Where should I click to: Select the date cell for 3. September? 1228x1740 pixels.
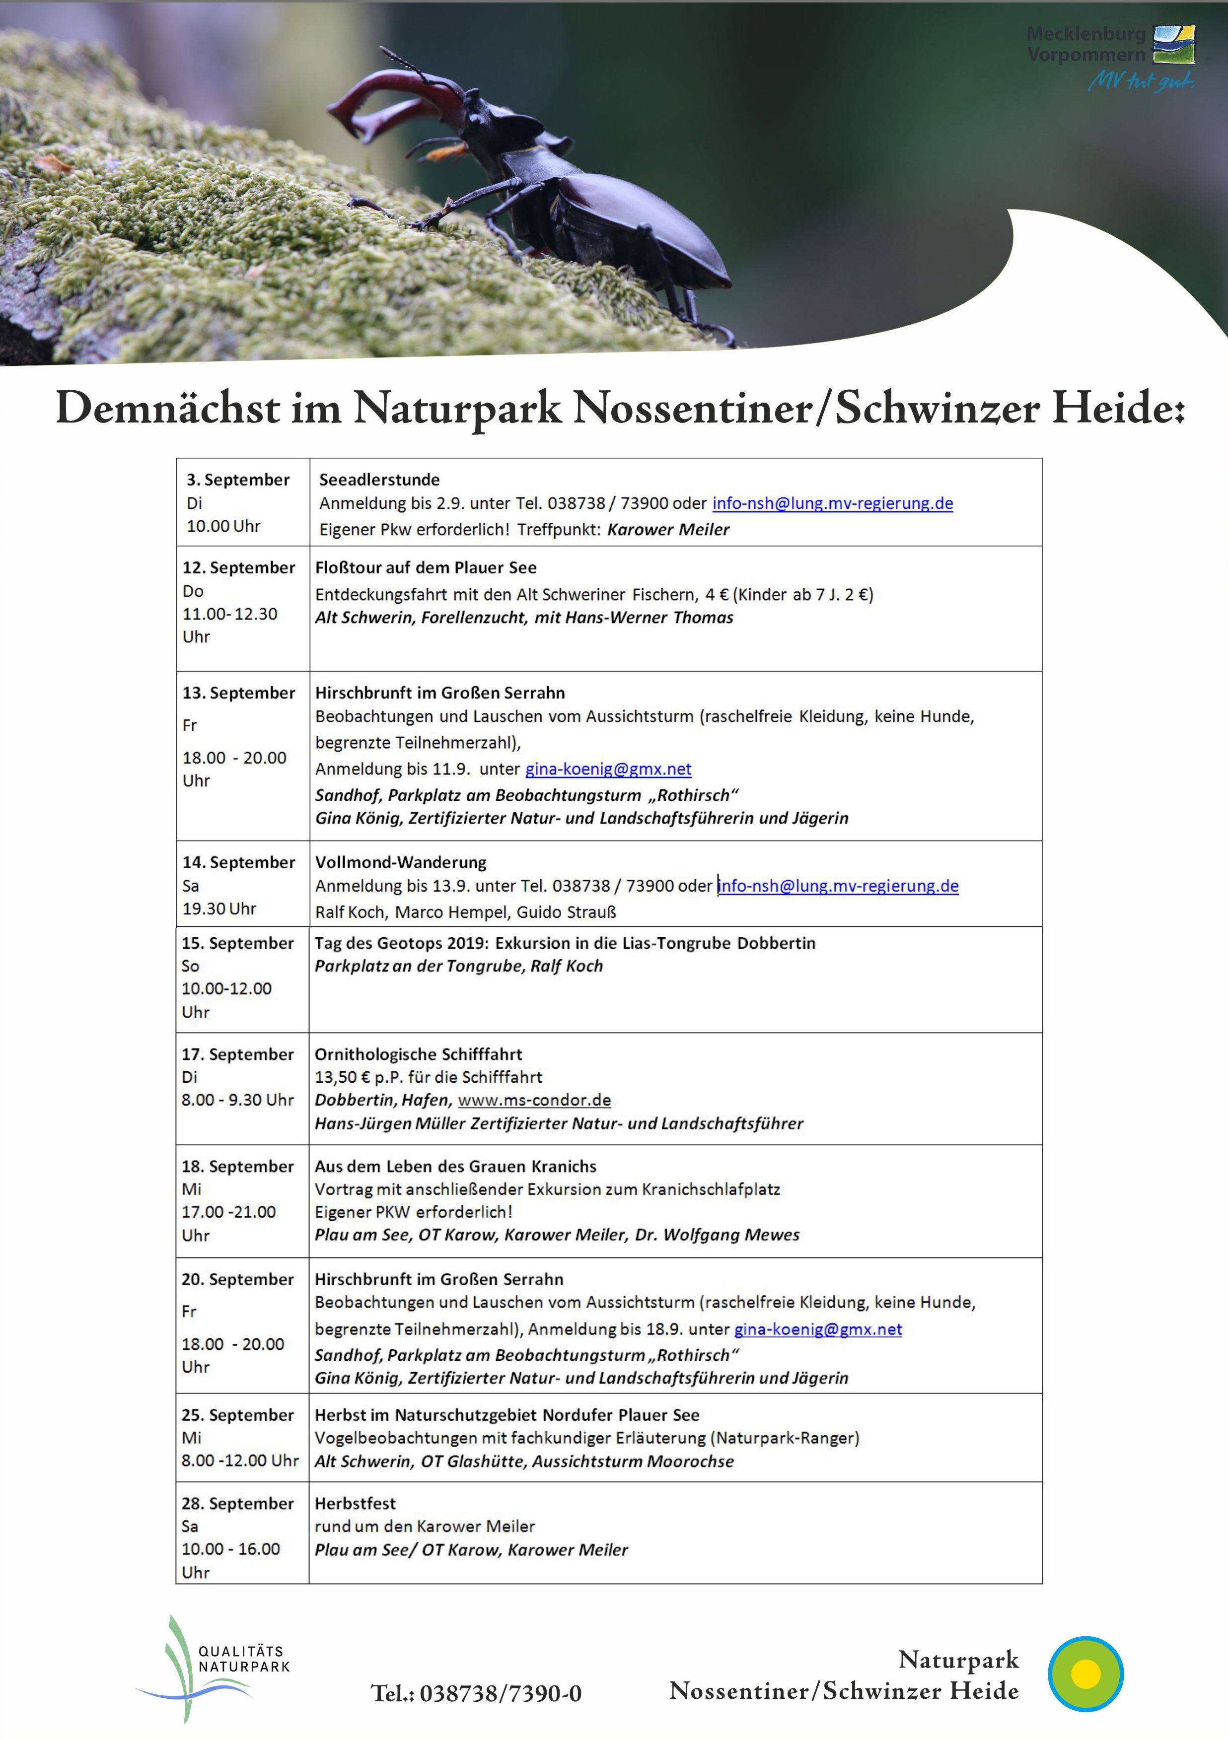tap(238, 502)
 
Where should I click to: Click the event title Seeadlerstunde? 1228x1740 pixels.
tap(379, 480)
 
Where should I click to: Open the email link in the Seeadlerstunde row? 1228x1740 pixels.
tap(832, 503)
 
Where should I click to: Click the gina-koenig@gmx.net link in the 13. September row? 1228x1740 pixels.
tap(608, 769)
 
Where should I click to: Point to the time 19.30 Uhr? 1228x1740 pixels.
tap(219, 908)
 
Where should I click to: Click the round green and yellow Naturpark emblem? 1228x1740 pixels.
tap(1085, 1673)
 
